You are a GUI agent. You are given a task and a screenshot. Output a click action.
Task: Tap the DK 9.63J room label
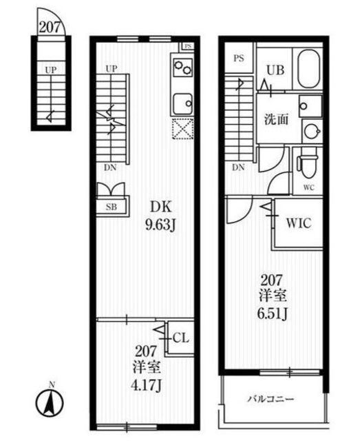tap(160, 216)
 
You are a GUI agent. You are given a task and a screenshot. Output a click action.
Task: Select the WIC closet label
tap(299, 223)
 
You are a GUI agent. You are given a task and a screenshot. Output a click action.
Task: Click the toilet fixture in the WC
tap(308, 167)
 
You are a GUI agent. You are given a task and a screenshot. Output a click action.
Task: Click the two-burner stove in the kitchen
tap(182, 68)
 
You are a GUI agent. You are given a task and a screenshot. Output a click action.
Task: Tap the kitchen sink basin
tap(182, 104)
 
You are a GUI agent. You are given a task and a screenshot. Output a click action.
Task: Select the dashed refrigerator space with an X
tap(182, 129)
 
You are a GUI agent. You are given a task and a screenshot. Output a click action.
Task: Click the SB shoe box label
tap(112, 207)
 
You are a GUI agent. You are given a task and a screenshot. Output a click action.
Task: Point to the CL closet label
tap(181, 338)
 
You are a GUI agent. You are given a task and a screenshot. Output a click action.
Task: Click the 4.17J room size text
tap(146, 385)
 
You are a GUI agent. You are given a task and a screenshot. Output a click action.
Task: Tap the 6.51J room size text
tap(272, 314)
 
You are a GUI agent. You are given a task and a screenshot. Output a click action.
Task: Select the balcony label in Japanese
tap(271, 399)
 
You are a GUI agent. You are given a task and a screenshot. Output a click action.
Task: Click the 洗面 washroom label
tap(276, 119)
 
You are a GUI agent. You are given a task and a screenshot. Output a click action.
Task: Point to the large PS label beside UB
tap(239, 59)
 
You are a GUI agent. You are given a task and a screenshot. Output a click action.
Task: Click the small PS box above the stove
tap(188, 46)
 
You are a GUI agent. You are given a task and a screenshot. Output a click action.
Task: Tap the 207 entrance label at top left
tap(50, 28)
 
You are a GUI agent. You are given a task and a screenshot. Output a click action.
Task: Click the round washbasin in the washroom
tap(311, 131)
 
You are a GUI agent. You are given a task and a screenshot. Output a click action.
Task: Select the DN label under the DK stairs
tap(110, 167)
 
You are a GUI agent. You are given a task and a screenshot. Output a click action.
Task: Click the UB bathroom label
tap(275, 70)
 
